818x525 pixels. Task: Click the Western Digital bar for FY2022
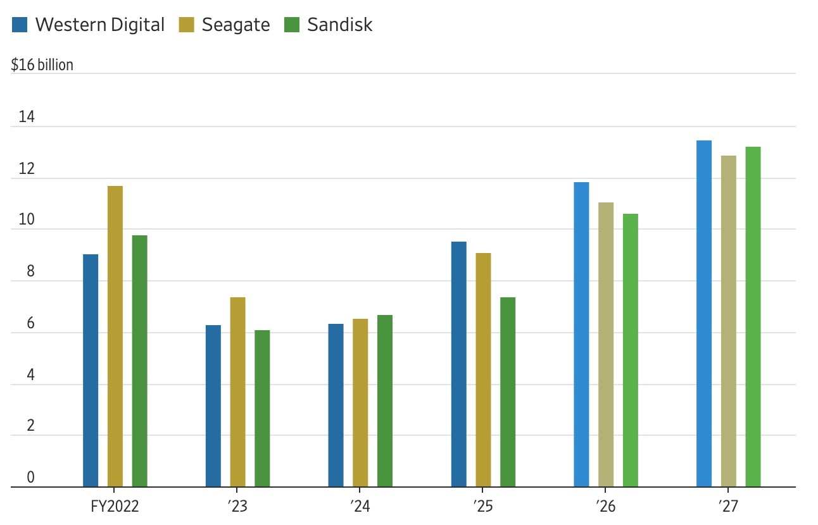[91, 371]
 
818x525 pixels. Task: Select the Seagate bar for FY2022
[115, 337]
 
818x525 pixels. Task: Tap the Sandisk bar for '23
[262, 409]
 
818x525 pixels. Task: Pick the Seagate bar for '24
[360, 403]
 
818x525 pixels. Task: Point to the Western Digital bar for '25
[458, 364]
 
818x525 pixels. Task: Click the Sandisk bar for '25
[508, 392]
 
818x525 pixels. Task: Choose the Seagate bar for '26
[606, 345]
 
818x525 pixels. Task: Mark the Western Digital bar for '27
[704, 314]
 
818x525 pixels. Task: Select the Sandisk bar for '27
[753, 317]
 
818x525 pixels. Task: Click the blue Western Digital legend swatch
[20, 25]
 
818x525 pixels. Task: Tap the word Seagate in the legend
[236, 25]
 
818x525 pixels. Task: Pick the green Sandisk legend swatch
[291, 25]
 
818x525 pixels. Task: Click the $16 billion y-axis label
[42, 65]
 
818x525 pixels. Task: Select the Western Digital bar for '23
[213, 406]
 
